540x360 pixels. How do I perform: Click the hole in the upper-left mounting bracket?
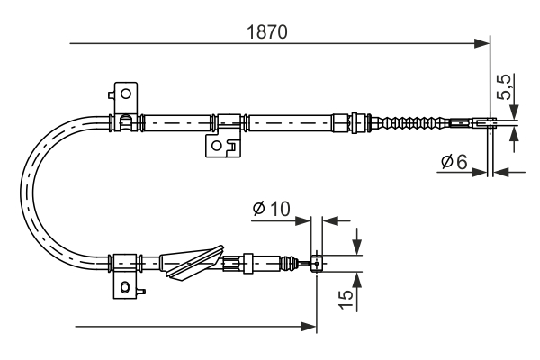pyautogui.click(x=126, y=93)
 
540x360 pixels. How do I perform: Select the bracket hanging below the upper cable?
pyautogui.click(x=219, y=143)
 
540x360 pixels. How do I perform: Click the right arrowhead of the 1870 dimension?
pyautogui.click(x=482, y=41)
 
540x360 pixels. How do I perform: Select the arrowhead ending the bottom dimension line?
pyautogui.click(x=310, y=326)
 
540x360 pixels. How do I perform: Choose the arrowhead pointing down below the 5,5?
pyautogui.click(x=514, y=111)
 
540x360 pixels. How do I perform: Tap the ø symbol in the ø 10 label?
pyautogui.click(x=259, y=209)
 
